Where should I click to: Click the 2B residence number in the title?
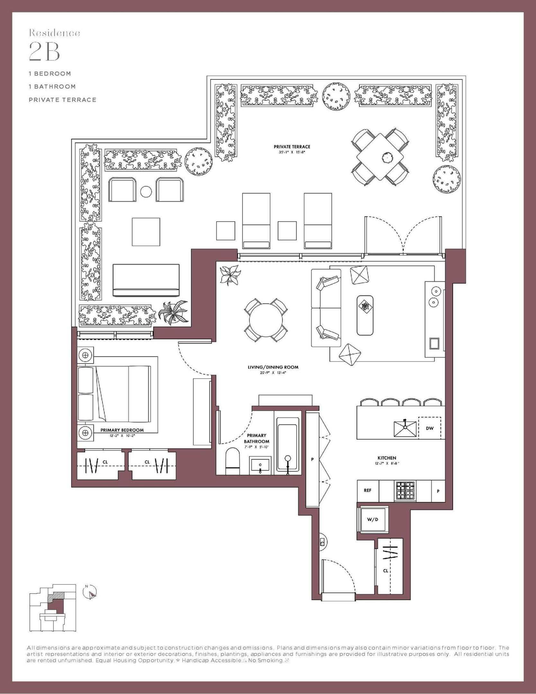coord(44,52)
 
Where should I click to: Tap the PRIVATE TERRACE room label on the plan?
coord(292,147)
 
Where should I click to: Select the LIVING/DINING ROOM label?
coord(273,367)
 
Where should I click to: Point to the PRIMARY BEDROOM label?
coord(122,430)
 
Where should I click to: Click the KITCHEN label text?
coord(387,458)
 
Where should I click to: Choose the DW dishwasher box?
coord(430,428)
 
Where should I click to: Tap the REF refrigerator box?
coord(368,490)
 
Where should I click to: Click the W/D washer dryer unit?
coord(372,519)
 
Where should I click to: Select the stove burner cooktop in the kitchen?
coord(405,490)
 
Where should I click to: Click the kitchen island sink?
coord(405,428)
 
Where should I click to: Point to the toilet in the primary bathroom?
coord(233,462)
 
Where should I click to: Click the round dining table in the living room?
coord(266,320)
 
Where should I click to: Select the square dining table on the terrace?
coord(380,157)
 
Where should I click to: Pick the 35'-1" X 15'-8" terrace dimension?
coord(292,152)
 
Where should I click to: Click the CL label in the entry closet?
coord(385,571)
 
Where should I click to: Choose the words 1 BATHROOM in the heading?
coord(52,86)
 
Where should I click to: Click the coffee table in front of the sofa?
coord(365,315)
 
